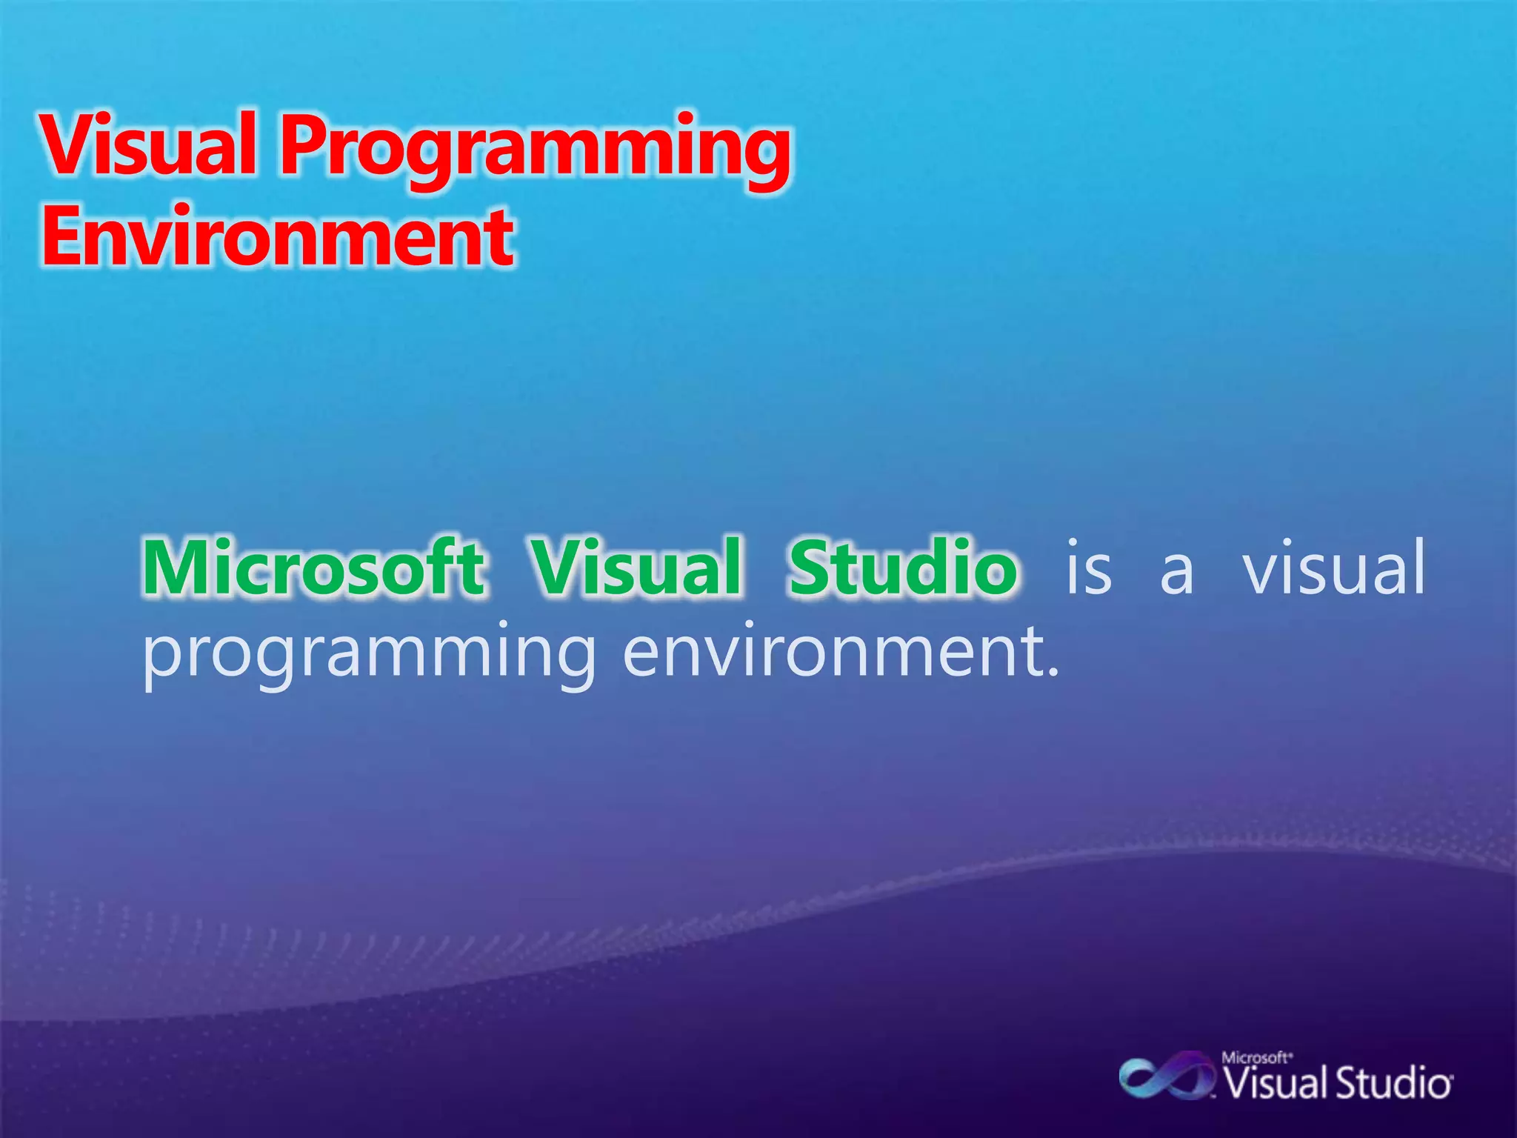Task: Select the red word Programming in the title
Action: click(535, 148)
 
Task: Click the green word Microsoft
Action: click(314, 568)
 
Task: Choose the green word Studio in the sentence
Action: click(902, 568)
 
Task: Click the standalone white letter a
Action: click(1177, 574)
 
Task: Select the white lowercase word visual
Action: click(1333, 568)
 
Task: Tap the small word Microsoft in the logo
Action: click(1256, 1058)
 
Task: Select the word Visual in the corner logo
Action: click(1276, 1084)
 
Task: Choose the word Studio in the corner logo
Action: click(1393, 1084)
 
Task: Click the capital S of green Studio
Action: click(809, 568)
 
